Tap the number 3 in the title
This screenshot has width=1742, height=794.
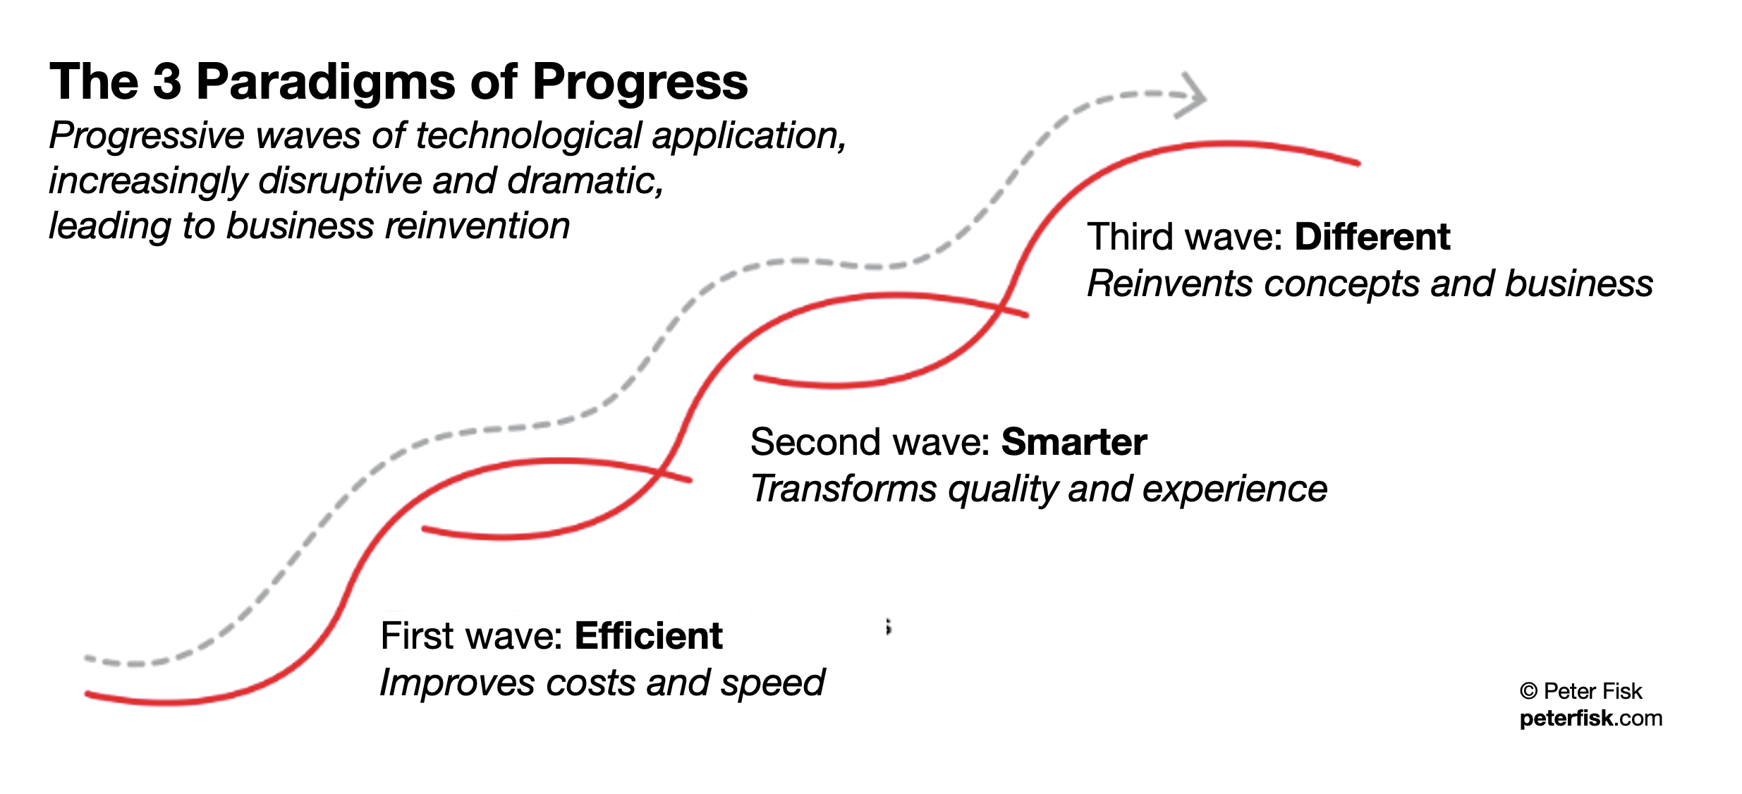tap(167, 81)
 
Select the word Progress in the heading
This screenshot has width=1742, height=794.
tap(640, 83)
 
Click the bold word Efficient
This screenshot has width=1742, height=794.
tap(648, 636)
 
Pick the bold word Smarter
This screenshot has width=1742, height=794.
tap(1073, 442)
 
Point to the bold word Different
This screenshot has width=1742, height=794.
tap(1372, 237)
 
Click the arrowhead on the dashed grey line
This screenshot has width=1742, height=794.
tap(1190, 95)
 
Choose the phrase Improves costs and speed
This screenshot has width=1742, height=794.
tap(602, 683)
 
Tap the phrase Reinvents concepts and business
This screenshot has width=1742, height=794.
tap(1370, 284)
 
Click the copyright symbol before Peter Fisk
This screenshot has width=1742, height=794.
tap(1528, 691)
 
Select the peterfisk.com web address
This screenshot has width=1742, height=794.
tap(1590, 719)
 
